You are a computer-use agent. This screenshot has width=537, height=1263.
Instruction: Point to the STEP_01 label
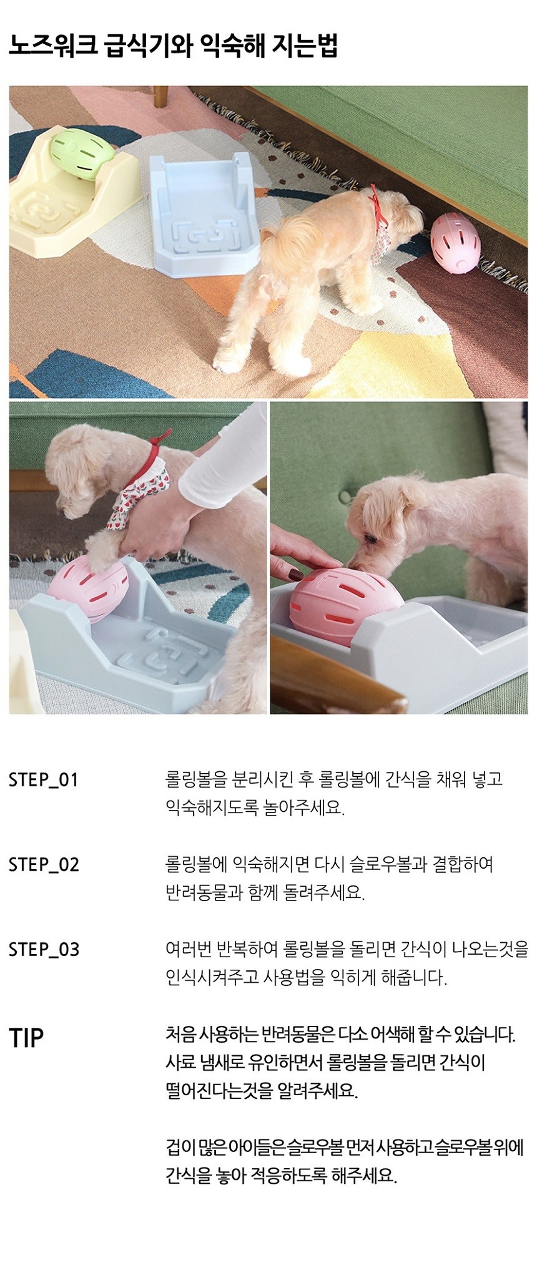pos(44,781)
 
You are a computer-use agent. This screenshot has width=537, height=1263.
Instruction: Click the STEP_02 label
pos(44,866)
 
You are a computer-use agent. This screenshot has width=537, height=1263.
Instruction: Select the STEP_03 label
pos(44,950)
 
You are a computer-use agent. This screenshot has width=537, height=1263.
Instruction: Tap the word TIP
pos(26,1038)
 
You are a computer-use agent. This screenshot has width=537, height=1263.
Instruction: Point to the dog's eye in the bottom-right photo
pos(371,537)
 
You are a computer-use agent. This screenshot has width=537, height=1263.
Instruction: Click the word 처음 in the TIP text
pos(180,1035)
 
